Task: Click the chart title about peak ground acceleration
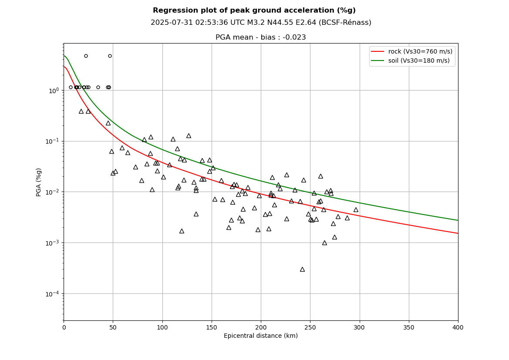(254, 10)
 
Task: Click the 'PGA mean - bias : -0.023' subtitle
(260, 37)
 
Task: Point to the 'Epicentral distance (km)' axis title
(260, 336)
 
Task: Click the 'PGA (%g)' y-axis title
(39, 182)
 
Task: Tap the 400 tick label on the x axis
(458, 327)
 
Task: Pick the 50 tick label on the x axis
(113, 327)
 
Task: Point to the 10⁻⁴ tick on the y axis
(53, 294)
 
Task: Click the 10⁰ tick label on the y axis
(54, 91)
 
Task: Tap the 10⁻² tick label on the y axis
(53, 192)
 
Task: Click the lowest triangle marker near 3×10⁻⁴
(302, 269)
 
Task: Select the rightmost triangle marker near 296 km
(356, 210)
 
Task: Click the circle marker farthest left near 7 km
(71, 87)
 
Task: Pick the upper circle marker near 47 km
(110, 56)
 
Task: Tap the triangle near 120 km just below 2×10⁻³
(182, 231)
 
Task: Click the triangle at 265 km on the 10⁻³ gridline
(324, 243)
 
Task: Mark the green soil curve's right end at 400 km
(457, 220)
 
